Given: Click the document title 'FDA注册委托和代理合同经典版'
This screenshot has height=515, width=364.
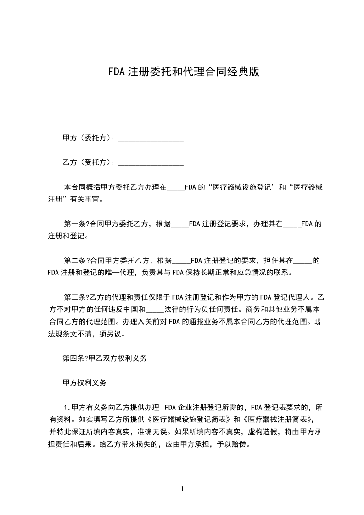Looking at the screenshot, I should click(184, 72).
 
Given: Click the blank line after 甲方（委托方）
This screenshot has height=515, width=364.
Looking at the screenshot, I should click(151, 138).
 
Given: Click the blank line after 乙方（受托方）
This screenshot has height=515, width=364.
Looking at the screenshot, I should click(151, 162).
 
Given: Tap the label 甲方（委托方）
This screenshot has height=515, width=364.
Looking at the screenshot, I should click(90, 138).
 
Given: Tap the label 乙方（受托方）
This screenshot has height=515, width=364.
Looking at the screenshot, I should click(90, 162).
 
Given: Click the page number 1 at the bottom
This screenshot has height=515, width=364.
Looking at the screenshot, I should click(182, 489).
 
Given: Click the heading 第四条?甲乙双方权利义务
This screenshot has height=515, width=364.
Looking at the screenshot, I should click(105, 359).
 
